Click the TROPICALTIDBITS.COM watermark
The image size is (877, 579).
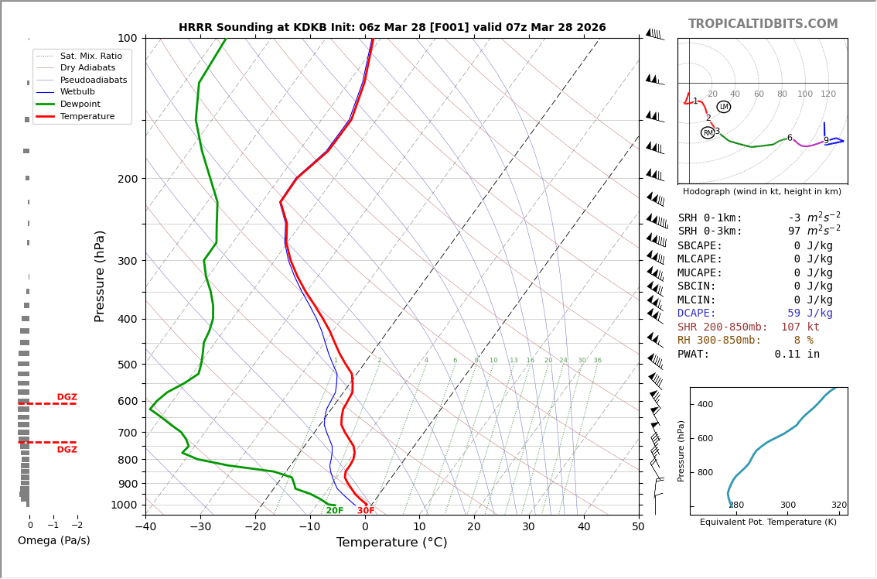763,24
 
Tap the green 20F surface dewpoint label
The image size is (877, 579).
334,511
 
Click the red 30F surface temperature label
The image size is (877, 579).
366,511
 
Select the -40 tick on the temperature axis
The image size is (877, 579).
145,527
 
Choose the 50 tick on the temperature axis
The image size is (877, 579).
638,527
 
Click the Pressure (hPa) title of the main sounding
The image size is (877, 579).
100,276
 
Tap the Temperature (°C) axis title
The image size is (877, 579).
391,543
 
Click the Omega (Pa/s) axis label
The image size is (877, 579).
53,540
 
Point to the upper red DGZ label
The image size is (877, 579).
67,397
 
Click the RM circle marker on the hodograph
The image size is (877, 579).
708,132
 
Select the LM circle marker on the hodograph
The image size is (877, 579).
723,107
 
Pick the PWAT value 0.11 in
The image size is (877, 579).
797,354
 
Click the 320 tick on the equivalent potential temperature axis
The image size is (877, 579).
838,505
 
